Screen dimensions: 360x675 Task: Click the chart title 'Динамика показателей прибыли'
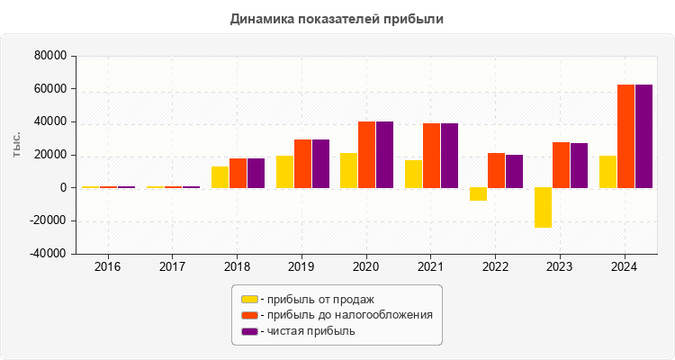pos(337,18)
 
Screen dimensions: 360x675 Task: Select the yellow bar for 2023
pos(543,208)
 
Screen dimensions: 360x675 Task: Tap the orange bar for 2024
pos(625,136)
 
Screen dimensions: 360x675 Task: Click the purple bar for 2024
pos(643,136)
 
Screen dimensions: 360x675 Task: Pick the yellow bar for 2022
pos(478,194)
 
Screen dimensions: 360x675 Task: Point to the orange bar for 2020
pos(367,155)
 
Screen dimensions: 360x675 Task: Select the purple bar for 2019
pos(320,164)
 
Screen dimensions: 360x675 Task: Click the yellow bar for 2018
pos(220,177)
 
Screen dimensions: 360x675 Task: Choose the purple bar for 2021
pos(449,156)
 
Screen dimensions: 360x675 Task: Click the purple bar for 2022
pos(514,171)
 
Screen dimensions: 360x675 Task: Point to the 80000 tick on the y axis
pos(50,56)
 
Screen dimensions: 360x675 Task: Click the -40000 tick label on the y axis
pos(49,254)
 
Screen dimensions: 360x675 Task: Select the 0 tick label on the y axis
pos(63,188)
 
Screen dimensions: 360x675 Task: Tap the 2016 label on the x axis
pos(108,267)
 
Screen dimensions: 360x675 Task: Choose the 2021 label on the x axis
pos(430,267)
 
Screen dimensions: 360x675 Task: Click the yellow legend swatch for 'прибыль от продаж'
pos(249,299)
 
